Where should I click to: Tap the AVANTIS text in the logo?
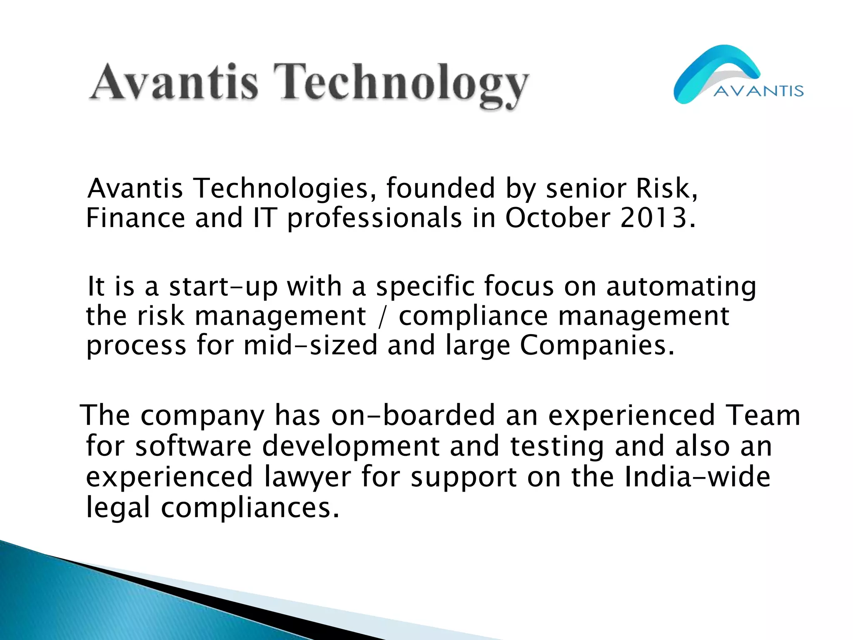[758, 91]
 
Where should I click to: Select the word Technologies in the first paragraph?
[281, 188]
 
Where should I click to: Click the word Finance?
[135, 218]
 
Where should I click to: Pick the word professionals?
[374, 218]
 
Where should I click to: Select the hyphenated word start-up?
[223, 287]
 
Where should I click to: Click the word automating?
[681, 287]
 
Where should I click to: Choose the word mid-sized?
[310, 346]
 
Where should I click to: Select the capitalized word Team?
[763, 415]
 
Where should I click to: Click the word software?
[194, 446]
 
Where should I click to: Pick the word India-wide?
[698, 477]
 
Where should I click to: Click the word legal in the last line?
[117, 508]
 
